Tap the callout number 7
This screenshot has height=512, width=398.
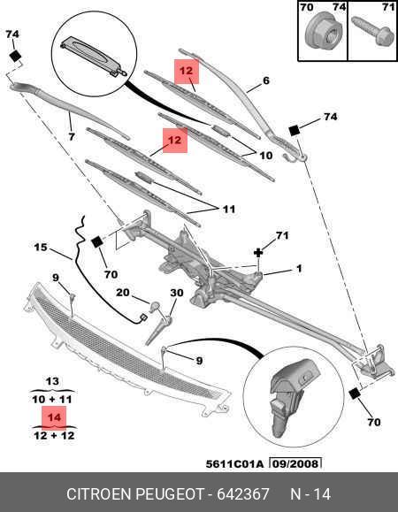pos(73,138)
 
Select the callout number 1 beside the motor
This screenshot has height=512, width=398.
pos(299,269)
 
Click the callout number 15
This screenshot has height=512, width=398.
pos(41,248)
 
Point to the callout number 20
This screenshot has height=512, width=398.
pos(124,293)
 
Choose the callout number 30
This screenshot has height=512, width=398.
pos(176,293)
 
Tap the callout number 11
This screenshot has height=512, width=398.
pos(228,210)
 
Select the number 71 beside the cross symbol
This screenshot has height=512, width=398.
pos(282,235)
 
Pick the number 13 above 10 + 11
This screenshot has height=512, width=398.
pos(52,381)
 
